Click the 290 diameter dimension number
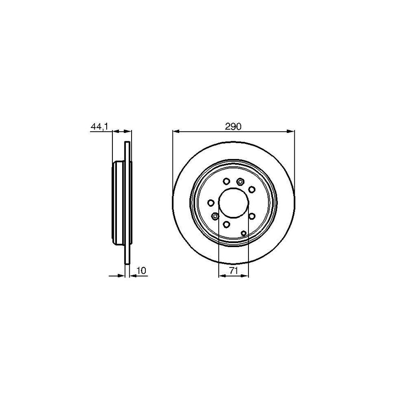tap(233, 127)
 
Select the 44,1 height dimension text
tap(99, 127)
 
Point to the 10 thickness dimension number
tap(142, 270)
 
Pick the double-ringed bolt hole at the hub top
tap(240, 181)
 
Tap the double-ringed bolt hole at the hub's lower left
tap(215, 216)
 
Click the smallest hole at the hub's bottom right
tap(244, 232)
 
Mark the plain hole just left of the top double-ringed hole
tap(226, 181)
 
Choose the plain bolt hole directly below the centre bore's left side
tap(226, 224)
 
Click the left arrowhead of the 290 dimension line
tap(175, 131)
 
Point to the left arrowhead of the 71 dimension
tap(221, 276)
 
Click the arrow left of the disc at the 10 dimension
tap(121, 276)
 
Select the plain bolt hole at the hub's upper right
tap(252, 190)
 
